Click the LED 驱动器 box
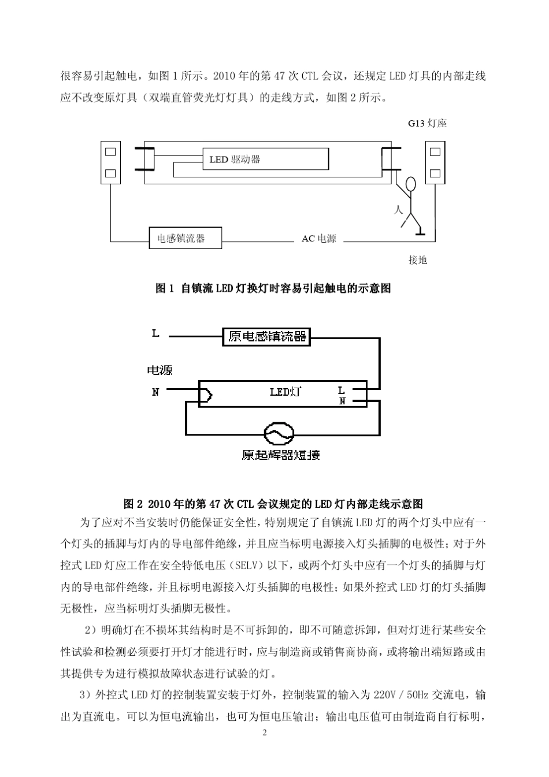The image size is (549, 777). (x=265, y=159)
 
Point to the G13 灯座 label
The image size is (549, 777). (x=427, y=124)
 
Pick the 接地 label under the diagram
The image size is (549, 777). (x=417, y=260)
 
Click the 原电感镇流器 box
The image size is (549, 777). (x=266, y=336)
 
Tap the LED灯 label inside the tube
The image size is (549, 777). (x=285, y=392)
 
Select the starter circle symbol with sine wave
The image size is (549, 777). (x=279, y=434)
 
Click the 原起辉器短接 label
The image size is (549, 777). (x=280, y=455)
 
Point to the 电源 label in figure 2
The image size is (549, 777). (x=159, y=370)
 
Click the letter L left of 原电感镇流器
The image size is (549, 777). (x=155, y=333)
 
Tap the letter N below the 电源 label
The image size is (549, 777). (x=155, y=392)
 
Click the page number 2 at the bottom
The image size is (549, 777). (x=265, y=733)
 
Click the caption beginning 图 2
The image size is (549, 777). (x=273, y=504)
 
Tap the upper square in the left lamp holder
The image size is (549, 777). (x=110, y=153)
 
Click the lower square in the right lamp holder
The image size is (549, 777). (x=435, y=173)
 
